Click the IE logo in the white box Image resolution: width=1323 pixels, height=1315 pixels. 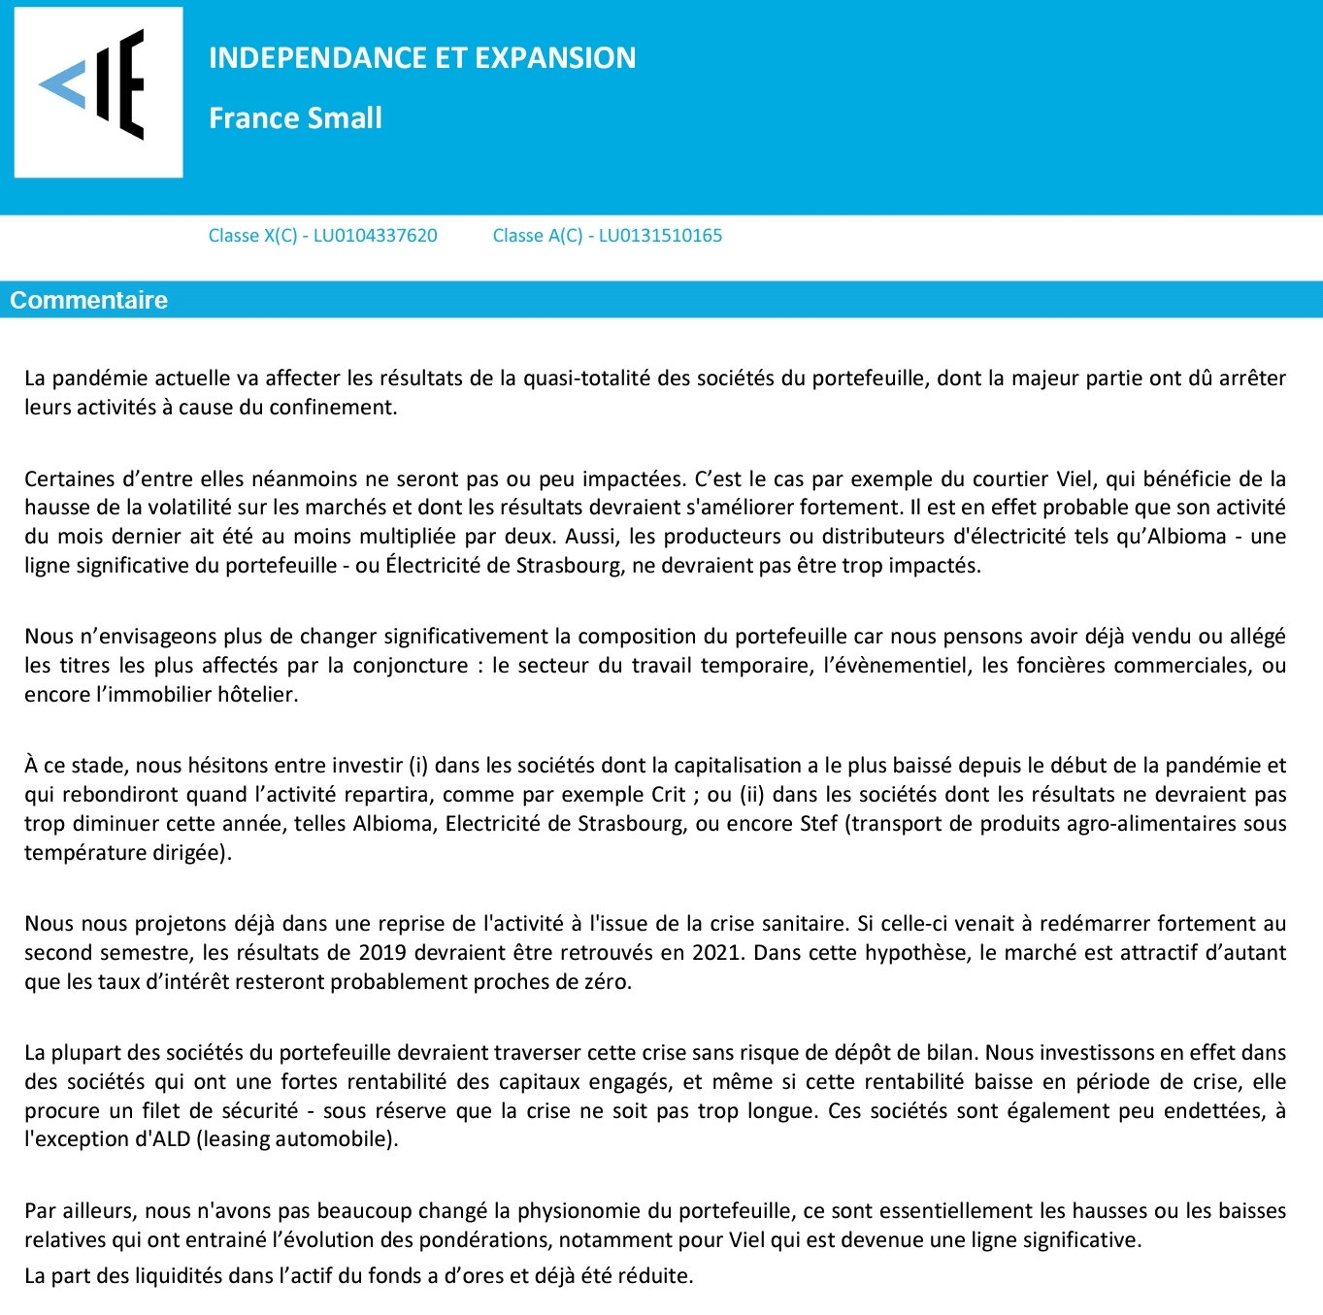pos(98,91)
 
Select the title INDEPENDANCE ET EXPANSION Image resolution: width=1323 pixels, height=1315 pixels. pos(422,58)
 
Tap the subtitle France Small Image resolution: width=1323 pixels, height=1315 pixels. pos(295,118)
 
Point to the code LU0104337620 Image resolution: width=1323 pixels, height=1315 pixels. pos(375,236)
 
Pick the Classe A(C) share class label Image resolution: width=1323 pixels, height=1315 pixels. pos(538,236)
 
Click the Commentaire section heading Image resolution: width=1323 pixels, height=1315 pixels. pos(88,300)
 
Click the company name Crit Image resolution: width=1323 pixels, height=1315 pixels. pos(669,795)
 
